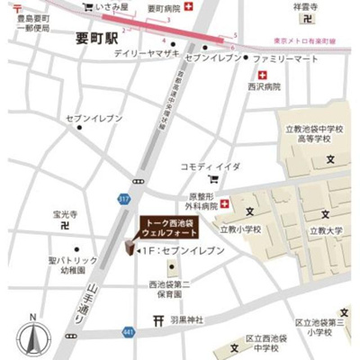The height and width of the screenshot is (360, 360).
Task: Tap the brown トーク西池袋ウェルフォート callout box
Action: pyautogui.click(x=166, y=228)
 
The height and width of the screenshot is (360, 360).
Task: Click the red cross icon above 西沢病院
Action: pyautogui.click(x=263, y=74)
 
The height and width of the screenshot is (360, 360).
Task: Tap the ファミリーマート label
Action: pyautogui.click(x=285, y=58)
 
